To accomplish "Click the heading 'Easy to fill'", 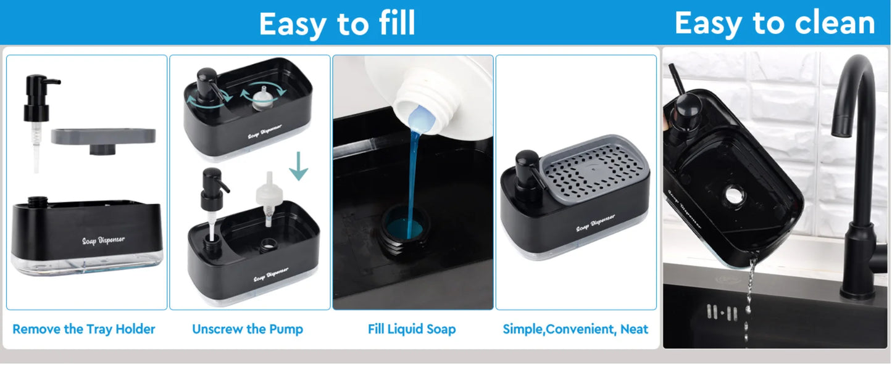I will pos(336,24).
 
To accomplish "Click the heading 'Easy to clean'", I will pos(775,23).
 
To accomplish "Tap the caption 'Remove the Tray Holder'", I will pos(84,329).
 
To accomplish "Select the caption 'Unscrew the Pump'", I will pos(248,329).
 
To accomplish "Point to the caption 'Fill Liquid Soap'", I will pos(412,329).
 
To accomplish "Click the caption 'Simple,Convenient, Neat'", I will pos(575,329).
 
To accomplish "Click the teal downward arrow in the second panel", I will pos(298,166).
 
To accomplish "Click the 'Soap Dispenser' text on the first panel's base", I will pos(103,239).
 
